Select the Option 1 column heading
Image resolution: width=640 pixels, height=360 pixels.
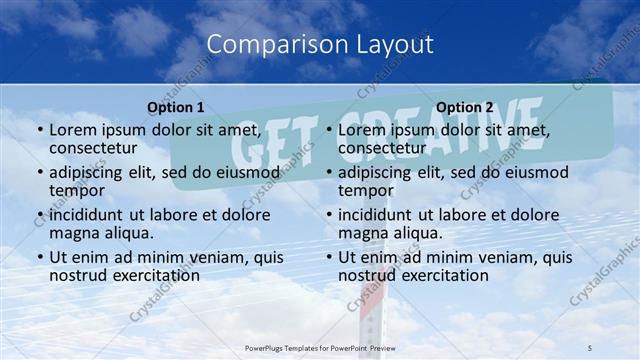176,107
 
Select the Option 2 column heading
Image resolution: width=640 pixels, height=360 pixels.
465,107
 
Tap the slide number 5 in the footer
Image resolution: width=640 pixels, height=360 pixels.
589,346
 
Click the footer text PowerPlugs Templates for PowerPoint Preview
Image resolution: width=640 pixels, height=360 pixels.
319,346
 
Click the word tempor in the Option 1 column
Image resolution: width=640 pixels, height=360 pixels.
75,191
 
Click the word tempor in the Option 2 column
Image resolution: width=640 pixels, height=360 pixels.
364,191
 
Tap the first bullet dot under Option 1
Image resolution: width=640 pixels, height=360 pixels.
38,131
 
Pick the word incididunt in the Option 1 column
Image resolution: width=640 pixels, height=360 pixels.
91,214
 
